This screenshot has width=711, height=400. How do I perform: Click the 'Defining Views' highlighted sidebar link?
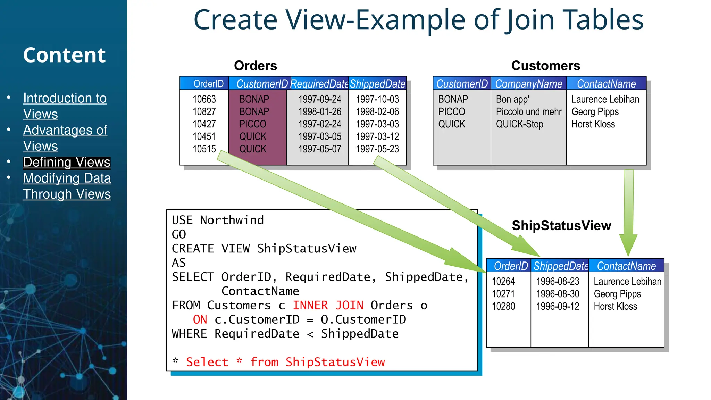coord(67,162)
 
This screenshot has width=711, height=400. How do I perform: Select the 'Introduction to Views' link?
coord(65,106)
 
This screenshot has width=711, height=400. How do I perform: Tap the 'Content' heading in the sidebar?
coord(64,55)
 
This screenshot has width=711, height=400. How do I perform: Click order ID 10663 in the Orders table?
coord(204,99)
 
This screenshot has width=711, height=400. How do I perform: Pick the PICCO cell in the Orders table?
coord(253,124)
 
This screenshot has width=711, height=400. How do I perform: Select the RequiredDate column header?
coord(319,84)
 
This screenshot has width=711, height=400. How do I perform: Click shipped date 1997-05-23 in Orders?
coord(377,149)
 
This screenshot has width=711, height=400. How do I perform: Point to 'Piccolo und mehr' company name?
coord(528,112)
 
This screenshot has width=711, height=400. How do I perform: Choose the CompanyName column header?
coord(528,84)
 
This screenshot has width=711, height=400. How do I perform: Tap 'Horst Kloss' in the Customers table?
coord(593,124)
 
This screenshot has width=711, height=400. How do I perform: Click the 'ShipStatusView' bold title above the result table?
coord(561,226)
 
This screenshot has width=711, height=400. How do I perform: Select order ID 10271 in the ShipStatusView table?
coord(503,294)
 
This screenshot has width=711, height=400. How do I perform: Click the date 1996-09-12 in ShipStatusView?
coord(558,307)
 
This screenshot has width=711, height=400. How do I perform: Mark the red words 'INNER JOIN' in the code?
coord(328,305)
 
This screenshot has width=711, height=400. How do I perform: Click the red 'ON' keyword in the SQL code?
coord(200,319)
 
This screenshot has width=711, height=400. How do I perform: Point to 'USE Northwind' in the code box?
coord(218,220)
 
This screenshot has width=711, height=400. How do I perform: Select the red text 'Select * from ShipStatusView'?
coord(285,362)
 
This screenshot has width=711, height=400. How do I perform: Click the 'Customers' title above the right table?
coord(545,66)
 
